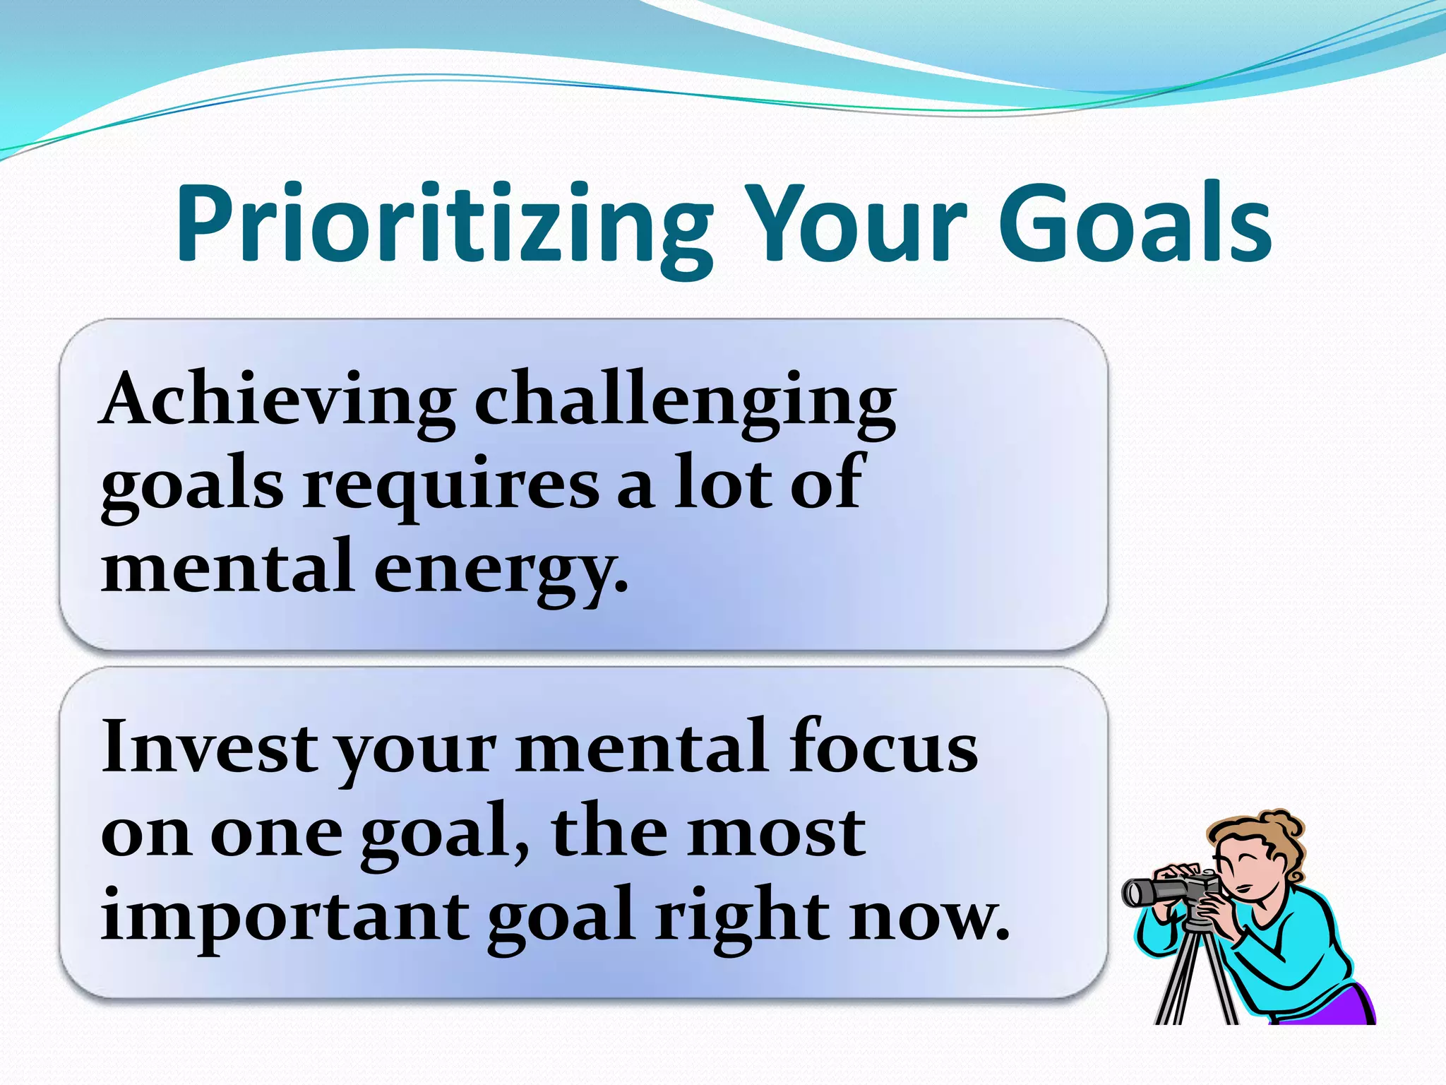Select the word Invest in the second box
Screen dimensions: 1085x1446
click(209, 747)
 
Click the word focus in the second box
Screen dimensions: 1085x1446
click(883, 747)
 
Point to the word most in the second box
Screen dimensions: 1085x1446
click(777, 832)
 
